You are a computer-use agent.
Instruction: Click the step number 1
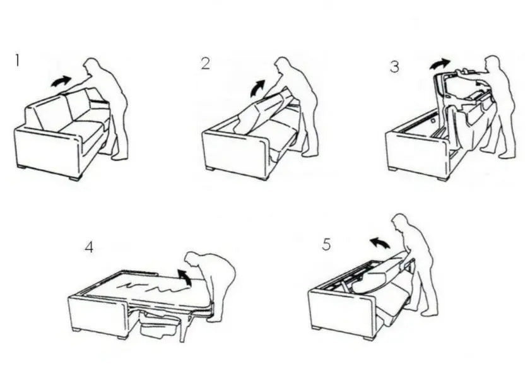[x=17, y=61]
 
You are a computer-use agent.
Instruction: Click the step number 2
[x=206, y=64]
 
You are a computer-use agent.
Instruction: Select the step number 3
[x=394, y=67]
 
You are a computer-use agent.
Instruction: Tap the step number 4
[x=89, y=247]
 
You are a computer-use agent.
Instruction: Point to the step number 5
[x=326, y=244]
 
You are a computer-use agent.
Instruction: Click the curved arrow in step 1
[x=61, y=81]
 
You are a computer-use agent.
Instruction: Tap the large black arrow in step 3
[x=440, y=64]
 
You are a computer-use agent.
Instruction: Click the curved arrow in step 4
[x=184, y=277]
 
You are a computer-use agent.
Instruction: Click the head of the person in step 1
[x=91, y=66]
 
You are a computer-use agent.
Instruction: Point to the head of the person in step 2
[x=282, y=64]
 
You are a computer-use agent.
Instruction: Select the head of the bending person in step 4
[x=194, y=259]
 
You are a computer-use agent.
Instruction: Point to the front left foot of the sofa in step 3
[x=392, y=168]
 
